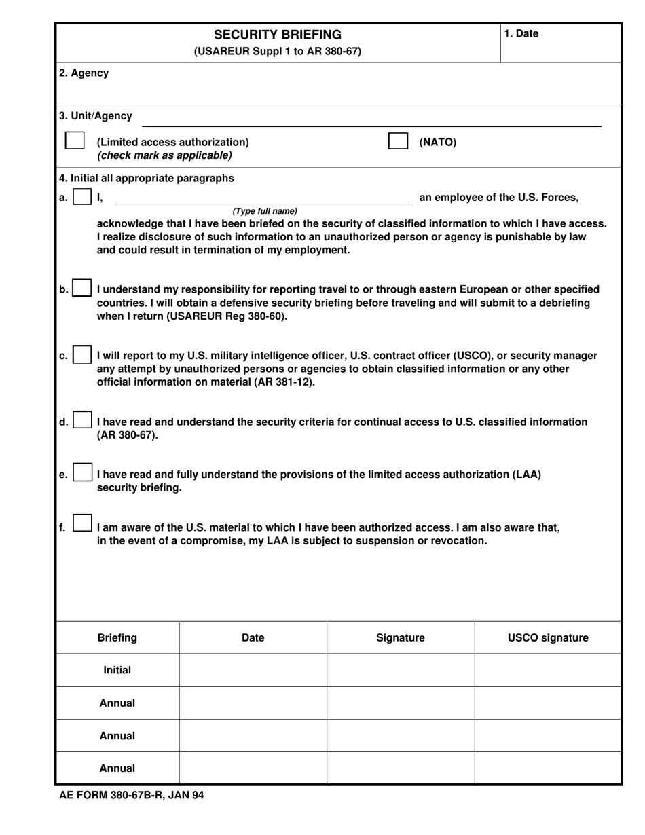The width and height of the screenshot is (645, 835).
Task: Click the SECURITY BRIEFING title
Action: click(278, 35)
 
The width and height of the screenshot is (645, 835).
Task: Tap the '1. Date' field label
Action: click(521, 34)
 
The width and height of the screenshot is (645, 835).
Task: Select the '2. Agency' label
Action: click(84, 73)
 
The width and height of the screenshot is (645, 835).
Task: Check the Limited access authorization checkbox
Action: click(75, 141)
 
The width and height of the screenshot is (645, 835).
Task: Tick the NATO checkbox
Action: click(398, 141)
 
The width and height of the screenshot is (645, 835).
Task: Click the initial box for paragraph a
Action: click(81, 198)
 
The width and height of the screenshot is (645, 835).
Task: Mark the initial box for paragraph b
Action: click(81, 289)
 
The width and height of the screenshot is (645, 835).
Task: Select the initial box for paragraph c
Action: click(81, 355)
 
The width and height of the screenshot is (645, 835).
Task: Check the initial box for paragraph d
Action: click(81, 421)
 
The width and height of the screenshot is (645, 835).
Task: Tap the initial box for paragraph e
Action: click(81, 473)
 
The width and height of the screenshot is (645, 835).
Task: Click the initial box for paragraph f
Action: click(81, 523)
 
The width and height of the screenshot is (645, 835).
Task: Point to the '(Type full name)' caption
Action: click(265, 211)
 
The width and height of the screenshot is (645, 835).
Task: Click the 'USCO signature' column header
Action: click(548, 637)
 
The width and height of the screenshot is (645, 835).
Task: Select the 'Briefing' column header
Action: click(117, 637)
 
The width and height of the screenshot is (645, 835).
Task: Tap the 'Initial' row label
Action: click(117, 670)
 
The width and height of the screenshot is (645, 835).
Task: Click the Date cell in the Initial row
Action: click(253, 670)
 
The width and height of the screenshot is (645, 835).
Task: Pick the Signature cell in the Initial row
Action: click(400, 670)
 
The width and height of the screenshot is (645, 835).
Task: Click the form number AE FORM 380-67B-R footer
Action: click(132, 795)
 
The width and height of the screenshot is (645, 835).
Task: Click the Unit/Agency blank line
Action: click(371, 121)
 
